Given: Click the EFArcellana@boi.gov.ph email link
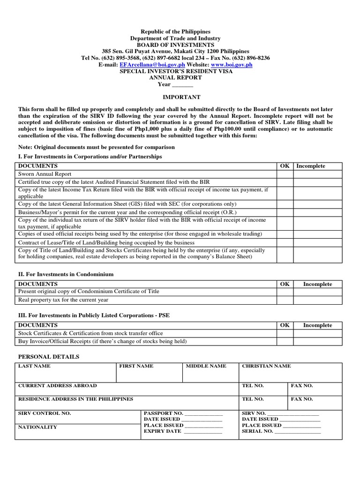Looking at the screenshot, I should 146,65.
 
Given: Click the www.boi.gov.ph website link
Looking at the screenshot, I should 232,65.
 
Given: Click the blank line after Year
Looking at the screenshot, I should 182,85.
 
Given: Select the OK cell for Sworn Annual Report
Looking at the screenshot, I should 285,173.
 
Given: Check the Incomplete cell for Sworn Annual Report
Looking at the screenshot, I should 318,173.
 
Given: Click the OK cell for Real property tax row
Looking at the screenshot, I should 285,300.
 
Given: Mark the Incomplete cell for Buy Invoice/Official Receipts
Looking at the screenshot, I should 318,341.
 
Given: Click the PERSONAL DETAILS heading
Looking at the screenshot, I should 48,357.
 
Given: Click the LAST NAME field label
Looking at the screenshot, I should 34,366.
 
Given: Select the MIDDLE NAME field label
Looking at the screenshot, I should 206,366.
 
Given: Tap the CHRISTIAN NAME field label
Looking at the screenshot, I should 266,366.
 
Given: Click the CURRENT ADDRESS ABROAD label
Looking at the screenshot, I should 57,386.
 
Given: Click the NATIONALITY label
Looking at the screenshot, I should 37,427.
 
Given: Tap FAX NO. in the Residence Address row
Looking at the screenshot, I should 302,399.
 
